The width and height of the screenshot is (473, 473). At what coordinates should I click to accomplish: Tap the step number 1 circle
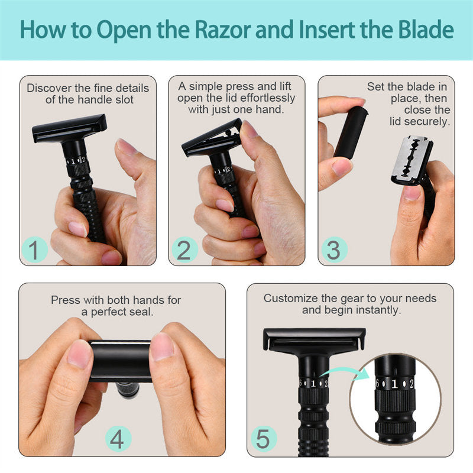[35, 251]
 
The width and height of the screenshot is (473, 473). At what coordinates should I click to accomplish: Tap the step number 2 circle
[184, 251]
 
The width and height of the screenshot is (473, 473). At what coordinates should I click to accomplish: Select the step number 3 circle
[333, 251]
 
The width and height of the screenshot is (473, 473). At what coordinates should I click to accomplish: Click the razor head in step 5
[314, 339]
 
